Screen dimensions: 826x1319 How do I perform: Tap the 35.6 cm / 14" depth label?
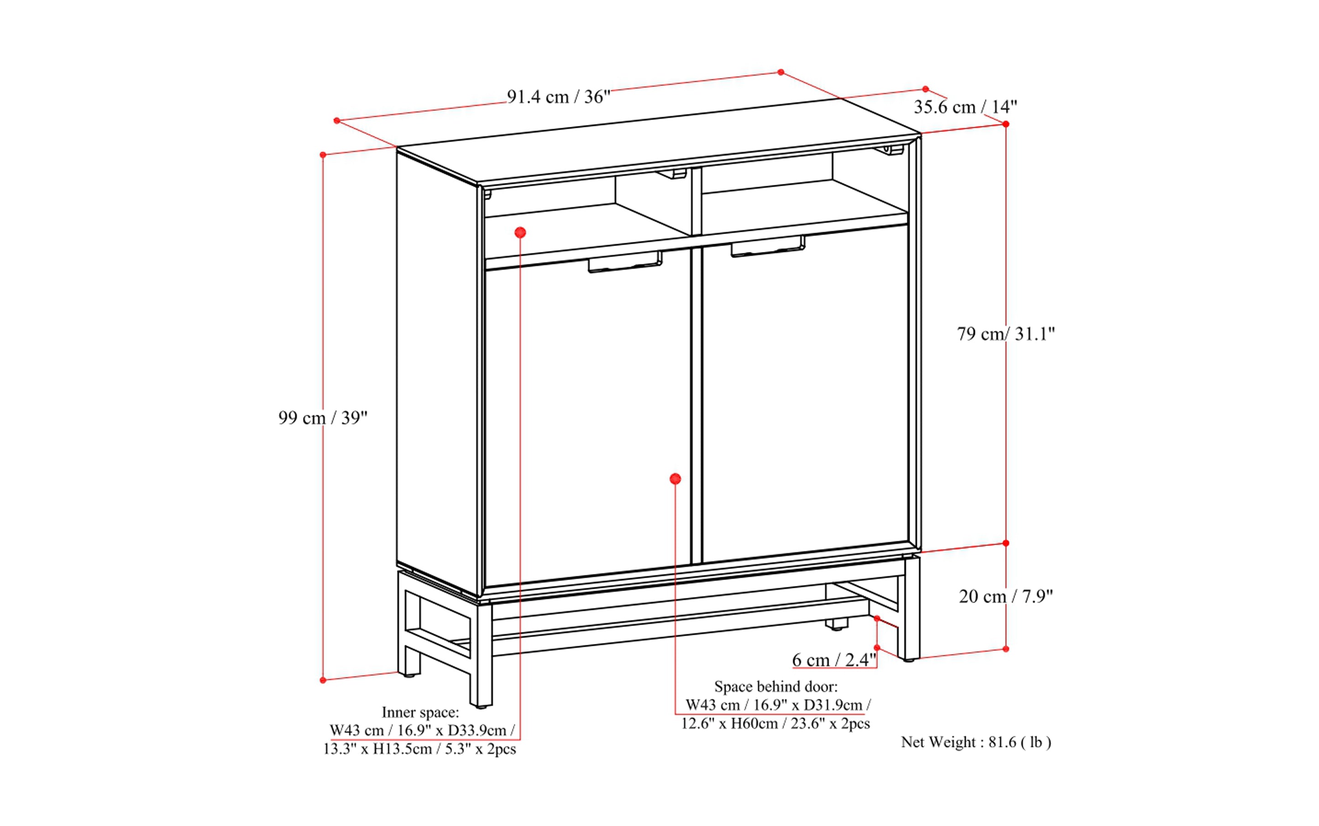tap(965, 106)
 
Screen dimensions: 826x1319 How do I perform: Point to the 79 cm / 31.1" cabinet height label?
tap(1005, 334)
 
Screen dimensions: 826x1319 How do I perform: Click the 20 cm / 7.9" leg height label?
tap(1005, 596)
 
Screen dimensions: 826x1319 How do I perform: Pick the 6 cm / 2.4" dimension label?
tap(834, 660)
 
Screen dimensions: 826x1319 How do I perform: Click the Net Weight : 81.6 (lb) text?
tap(976, 742)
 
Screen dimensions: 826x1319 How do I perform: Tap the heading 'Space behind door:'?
tap(775, 686)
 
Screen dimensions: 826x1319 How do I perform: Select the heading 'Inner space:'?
tap(420, 712)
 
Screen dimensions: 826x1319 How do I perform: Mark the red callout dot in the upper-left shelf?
tap(520, 233)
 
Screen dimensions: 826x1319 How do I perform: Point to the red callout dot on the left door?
tap(675, 479)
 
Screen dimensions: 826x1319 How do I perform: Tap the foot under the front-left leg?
tap(481, 706)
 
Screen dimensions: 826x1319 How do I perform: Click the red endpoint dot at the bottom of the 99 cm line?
tap(323, 680)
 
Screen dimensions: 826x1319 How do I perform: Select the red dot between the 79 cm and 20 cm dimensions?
tap(1006, 543)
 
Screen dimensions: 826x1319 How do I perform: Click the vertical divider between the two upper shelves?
tap(696, 202)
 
